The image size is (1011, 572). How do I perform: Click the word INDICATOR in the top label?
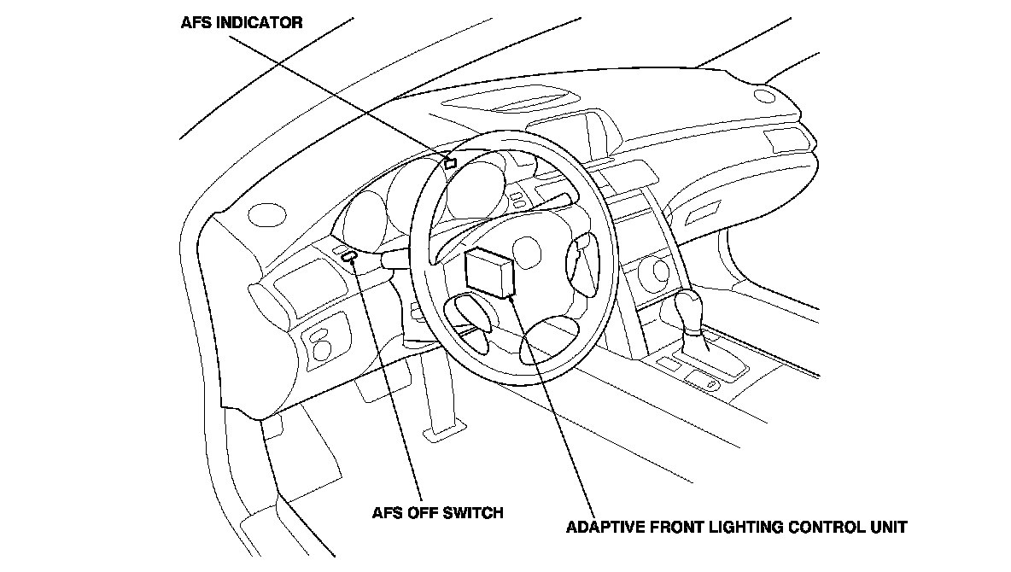[x=260, y=23]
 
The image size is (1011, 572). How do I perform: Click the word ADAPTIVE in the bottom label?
[x=604, y=527]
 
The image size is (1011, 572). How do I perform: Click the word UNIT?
[x=890, y=527]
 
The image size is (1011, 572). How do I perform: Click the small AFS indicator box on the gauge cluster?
[x=450, y=162]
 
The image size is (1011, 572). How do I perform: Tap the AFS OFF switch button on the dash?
[x=348, y=255]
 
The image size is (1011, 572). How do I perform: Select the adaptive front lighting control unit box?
[x=490, y=272]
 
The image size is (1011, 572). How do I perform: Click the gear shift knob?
[x=691, y=309]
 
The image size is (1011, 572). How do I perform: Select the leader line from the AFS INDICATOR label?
[x=342, y=91]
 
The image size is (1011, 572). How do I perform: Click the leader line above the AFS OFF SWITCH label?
[x=389, y=384]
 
